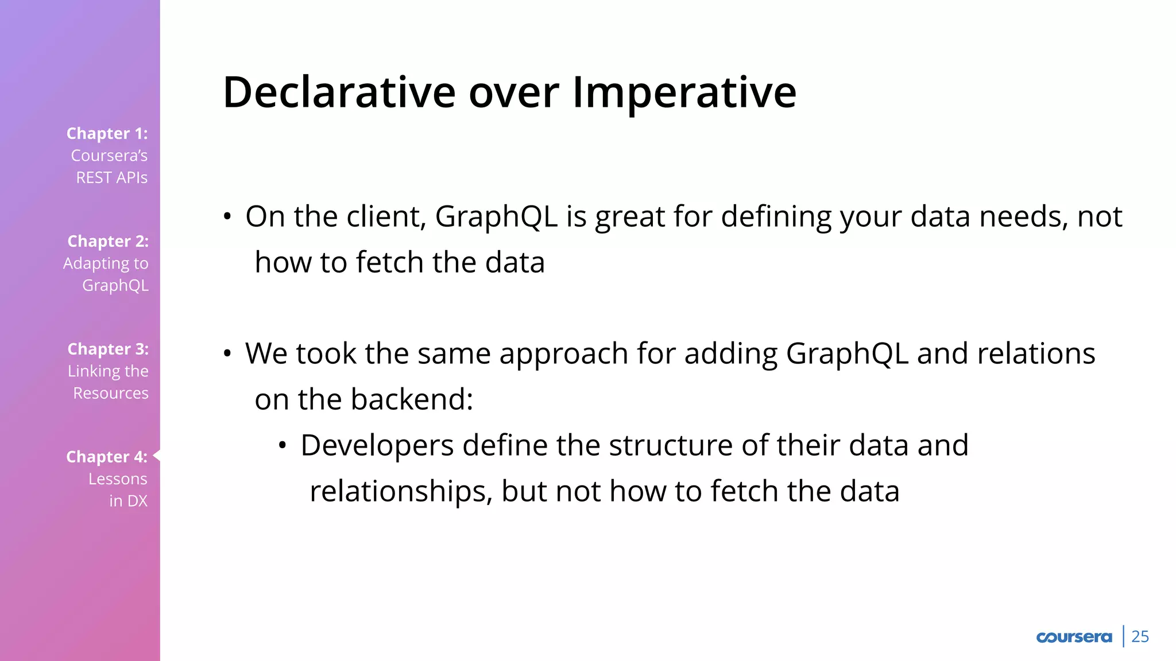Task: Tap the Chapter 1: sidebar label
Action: tap(107, 133)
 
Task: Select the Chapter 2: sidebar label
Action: tap(108, 241)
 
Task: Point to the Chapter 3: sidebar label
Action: tap(108, 349)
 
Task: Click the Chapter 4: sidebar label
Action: tap(107, 457)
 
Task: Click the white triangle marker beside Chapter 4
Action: tap(157, 456)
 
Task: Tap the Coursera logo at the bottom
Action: tap(1074, 637)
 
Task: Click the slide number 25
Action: tap(1140, 636)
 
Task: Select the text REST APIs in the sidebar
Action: tap(112, 178)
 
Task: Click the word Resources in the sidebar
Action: tap(111, 393)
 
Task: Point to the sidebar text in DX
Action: tap(129, 501)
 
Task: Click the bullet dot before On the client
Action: tap(227, 217)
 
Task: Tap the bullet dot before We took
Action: tap(227, 353)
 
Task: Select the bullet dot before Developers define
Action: tap(283, 445)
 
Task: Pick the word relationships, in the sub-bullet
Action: tap(401, 491)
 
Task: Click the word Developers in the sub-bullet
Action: tap(377, 446)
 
